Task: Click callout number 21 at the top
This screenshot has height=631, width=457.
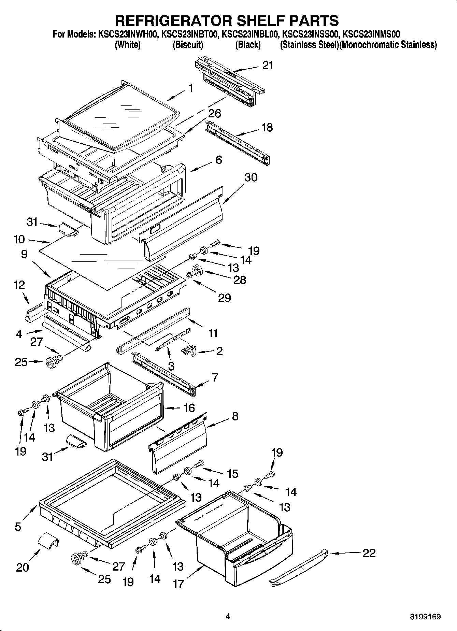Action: [x=268, y=65]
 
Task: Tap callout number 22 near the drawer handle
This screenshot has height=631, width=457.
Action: [x=369, y=553]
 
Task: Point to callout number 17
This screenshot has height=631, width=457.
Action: [x=178, y=584]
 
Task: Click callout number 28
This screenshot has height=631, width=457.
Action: [x=240, y=280]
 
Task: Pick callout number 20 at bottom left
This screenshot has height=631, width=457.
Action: [x=23, y=567]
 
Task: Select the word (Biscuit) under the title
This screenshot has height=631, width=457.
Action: [x=188, y=45]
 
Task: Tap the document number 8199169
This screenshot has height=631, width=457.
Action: [x=425, y=617]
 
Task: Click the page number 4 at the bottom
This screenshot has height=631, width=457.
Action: [x=228, y=616]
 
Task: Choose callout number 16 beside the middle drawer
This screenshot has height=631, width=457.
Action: [x=189, y=407]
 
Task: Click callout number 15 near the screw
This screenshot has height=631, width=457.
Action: [x=233, y=474]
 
